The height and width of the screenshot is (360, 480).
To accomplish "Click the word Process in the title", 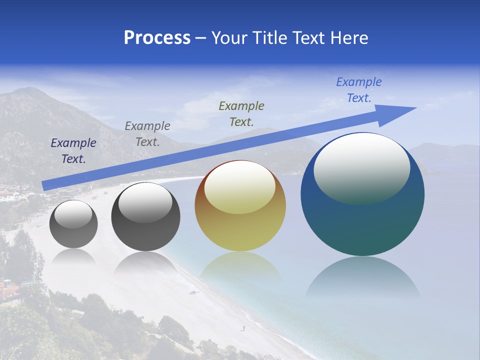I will pos(157,38).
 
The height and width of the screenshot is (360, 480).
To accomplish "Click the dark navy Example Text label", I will pos(73,151).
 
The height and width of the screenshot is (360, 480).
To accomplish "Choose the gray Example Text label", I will pos(147,134).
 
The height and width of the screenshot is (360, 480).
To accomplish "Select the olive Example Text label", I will pos(241,113).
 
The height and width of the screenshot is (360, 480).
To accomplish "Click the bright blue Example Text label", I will pos(359,90).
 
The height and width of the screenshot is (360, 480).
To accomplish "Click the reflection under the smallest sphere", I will pos(73,256).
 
